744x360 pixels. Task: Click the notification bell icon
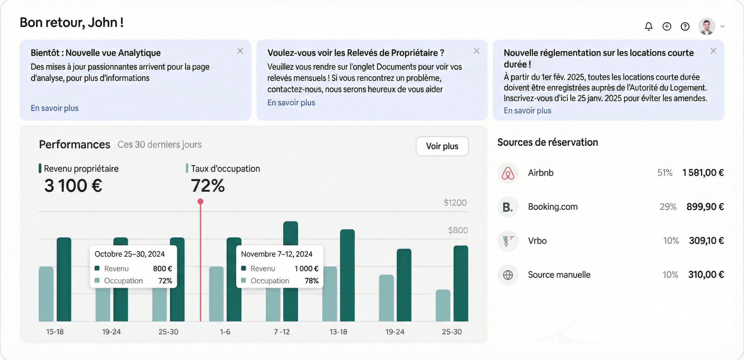(648, 26)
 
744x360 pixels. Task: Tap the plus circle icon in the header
(667, 26)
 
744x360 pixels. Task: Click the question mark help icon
(685, 26)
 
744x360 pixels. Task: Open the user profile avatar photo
(707, 26)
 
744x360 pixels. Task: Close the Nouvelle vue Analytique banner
(240, 51)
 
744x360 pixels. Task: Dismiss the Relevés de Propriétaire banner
(477, 51)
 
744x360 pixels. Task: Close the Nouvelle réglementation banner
(713, 51)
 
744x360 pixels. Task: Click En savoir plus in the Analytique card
(55, 108)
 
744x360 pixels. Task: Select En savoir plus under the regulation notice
(527, 111)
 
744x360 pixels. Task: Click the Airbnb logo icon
(508, 173)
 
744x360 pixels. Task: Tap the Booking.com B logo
(508, 207)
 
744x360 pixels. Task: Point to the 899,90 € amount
(705, 207)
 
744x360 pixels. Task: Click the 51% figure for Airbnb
(665, 173)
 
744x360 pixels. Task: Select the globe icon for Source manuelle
(508, 275)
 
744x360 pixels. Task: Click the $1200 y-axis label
(455, 203)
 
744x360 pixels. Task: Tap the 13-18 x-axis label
(338, 332)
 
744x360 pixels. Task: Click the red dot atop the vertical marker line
(200, 201)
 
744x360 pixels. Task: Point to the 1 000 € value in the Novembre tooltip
(306, 269)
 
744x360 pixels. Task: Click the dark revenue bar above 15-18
(64, 279)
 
